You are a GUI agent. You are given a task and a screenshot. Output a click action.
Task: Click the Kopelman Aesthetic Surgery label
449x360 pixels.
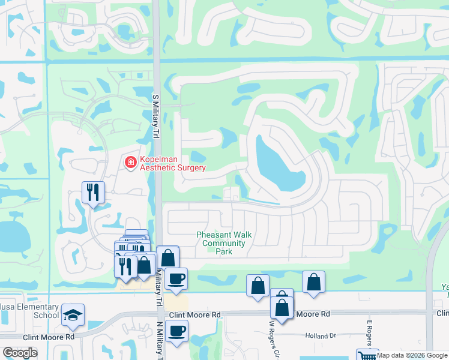tap(173, 163)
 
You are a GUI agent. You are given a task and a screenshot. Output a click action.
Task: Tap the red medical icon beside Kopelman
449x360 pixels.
tap(130, 162)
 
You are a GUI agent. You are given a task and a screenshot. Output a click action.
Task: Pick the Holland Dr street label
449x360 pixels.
tap(318, 335)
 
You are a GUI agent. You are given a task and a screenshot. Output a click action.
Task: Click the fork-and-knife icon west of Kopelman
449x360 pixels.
tap(93, 193)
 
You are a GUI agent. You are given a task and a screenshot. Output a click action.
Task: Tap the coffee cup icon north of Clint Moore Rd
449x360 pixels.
tap(176, 279)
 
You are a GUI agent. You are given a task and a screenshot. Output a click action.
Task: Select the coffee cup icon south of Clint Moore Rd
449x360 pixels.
tap(176, 331)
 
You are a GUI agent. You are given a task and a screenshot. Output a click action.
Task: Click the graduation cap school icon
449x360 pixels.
tap(73, 315)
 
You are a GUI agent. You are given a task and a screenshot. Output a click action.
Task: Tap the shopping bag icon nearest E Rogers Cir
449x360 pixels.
tap(313, 282)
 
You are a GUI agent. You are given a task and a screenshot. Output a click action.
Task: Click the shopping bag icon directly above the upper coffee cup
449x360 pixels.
tap(168, 258)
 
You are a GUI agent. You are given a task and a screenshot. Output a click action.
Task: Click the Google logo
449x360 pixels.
tap(19, 353)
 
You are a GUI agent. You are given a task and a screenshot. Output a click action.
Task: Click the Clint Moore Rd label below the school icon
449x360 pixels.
tap(48, 337)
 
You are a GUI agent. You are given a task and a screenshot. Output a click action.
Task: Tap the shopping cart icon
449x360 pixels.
tap(366, 355)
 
